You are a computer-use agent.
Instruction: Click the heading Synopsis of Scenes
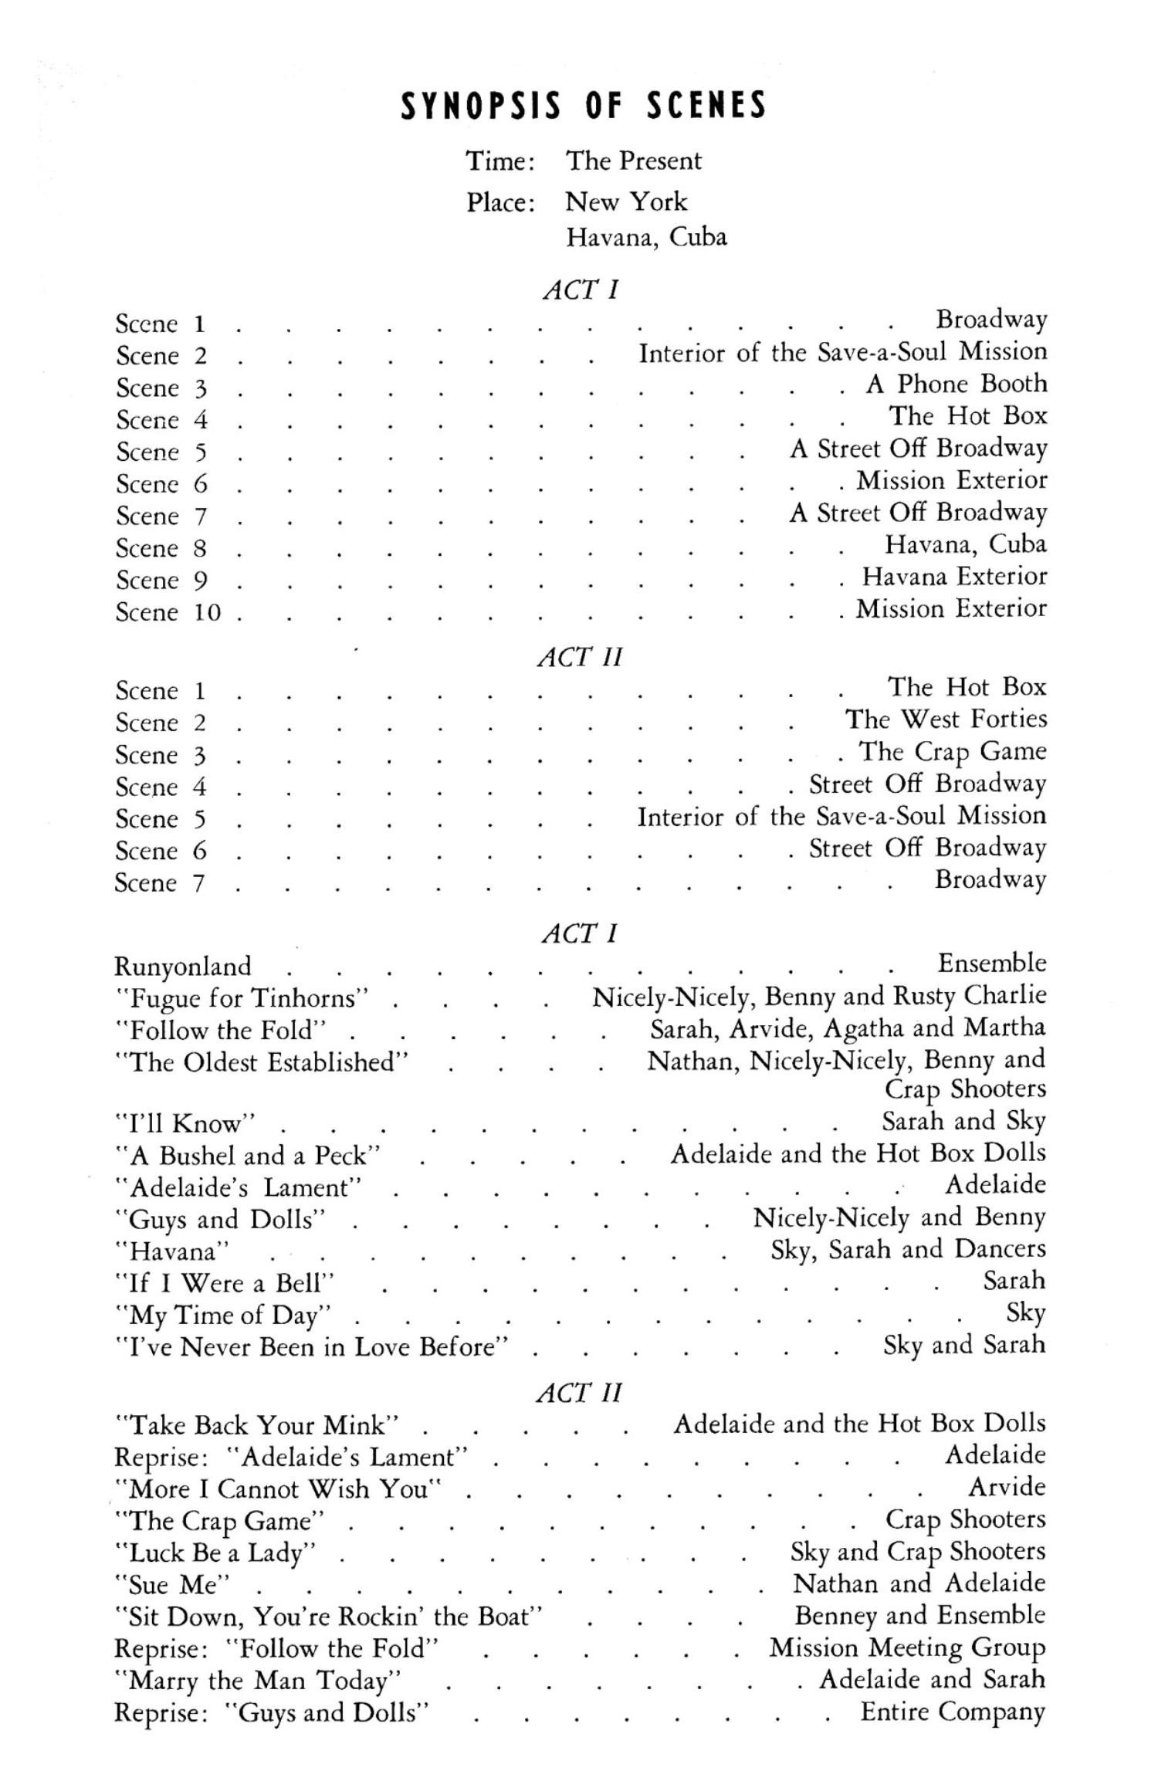coord(583,106)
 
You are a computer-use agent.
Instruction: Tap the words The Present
coord(633,161)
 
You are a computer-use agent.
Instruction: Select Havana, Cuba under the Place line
coord(646,236)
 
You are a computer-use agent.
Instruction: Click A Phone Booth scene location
coord(957,384)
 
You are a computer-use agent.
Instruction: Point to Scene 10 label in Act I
coord(168,612)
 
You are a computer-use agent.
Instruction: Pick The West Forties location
coord(946,720)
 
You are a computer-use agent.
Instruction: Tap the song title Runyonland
coord(183,966)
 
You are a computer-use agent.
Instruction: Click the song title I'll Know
coord(185,1123)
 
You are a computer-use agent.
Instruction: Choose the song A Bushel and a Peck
coord(248,1156)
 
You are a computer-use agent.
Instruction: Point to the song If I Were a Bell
coord(225,1282)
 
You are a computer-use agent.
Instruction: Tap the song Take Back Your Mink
coord(256,1424)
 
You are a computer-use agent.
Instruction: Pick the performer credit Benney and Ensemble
coord(919,1615)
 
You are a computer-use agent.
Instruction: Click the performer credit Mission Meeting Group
coord(907,1647)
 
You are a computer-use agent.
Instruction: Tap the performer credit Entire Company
coord(953,1712)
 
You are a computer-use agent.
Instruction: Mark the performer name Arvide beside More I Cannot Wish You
coord(1007,1487)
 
